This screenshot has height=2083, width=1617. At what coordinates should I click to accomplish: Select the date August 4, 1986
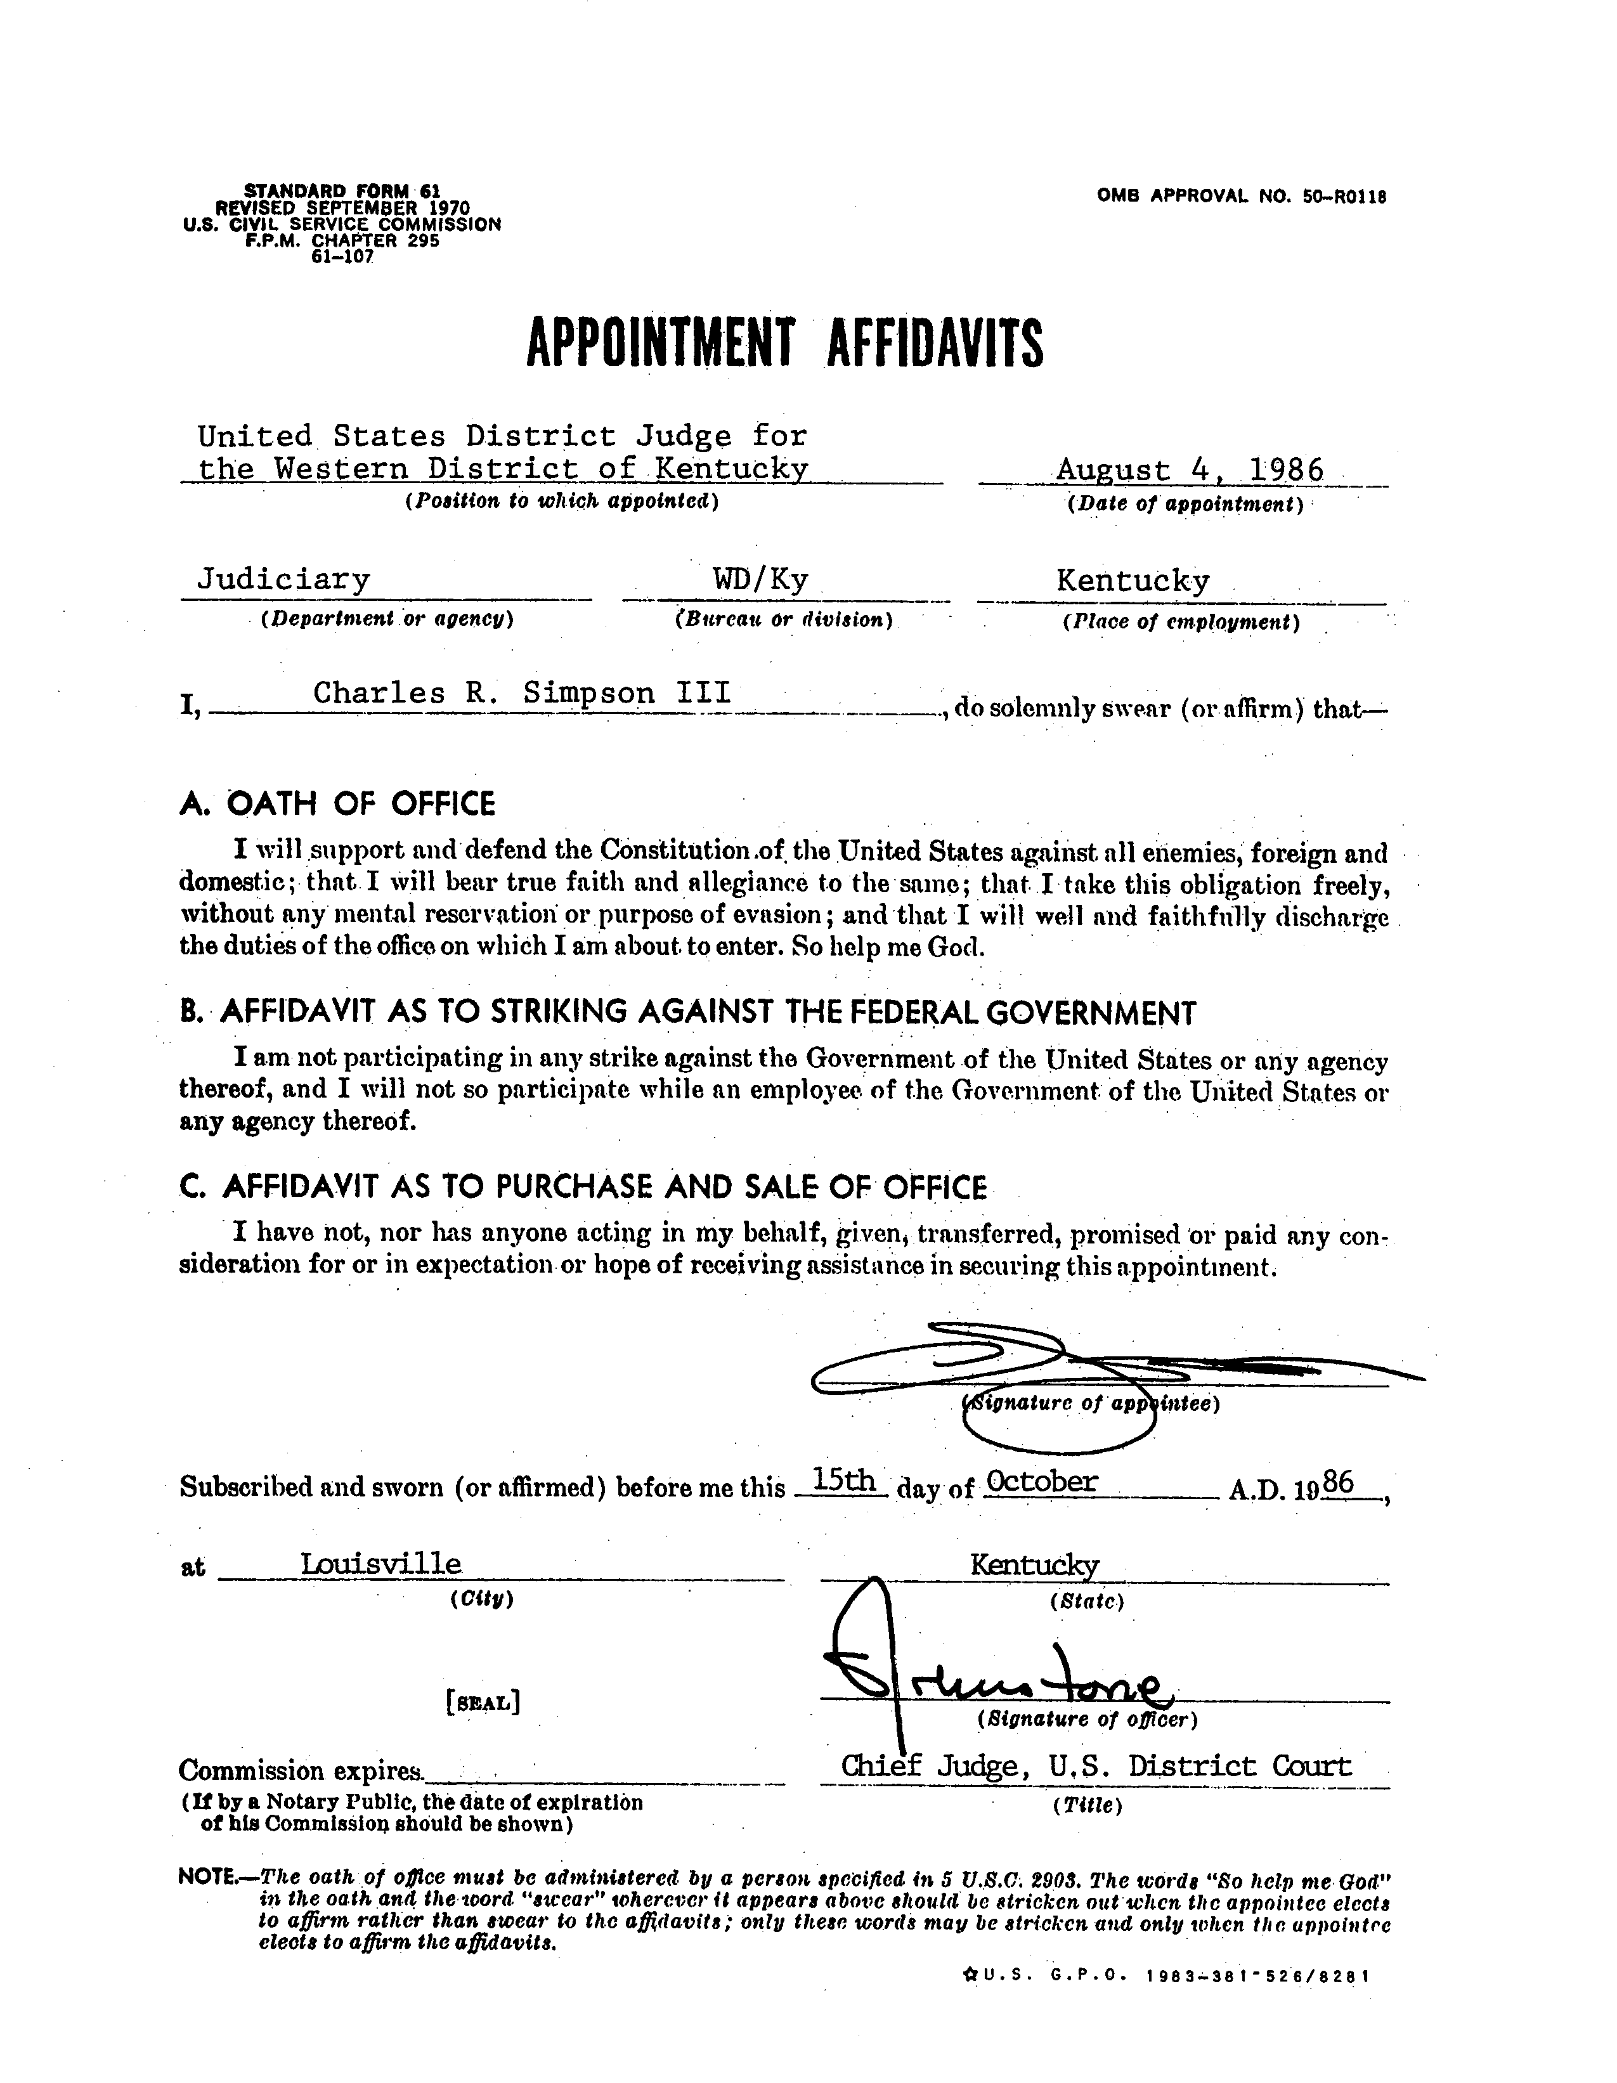click(x=1190, y=470)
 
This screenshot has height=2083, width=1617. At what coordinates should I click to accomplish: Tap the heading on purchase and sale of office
click(x=583, y=1186)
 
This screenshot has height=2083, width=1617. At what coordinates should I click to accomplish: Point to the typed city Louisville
click(x=382, y=1563)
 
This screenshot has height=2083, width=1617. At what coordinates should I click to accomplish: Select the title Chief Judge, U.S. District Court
click(x=1096, y=1767)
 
